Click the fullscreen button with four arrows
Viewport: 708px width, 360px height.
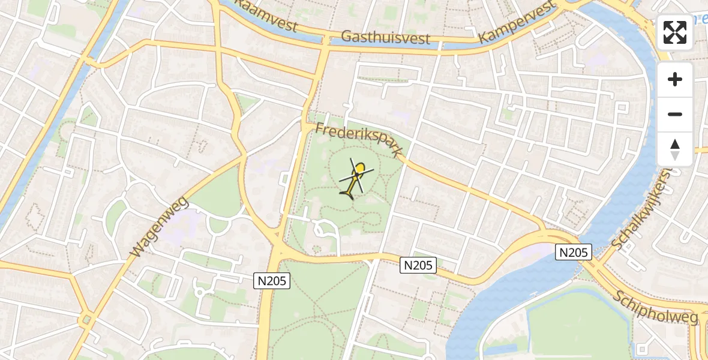(x=675, y=32)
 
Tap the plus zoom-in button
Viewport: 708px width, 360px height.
(x=675, y=79)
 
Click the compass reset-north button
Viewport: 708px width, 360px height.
(x=675, y=149)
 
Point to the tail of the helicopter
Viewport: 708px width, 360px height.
(x=347, y=193)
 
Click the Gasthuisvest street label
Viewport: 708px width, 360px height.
(x=385, y=37)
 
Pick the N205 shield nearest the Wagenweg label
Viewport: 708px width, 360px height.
(x=272, y=280)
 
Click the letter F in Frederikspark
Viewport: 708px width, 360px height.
(x=320, y=128)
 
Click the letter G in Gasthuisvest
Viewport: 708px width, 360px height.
(x=347, y=36)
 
